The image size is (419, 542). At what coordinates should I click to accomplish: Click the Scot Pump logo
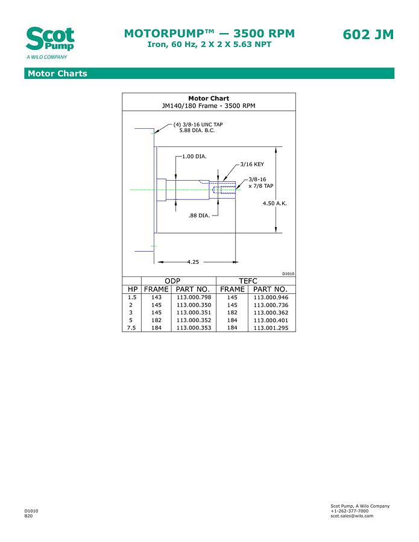pos(50,42)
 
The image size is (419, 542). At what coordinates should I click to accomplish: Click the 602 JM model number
pos(368,34)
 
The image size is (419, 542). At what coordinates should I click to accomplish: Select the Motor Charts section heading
pos(57,73)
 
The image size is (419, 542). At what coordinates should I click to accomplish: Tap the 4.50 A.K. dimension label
pos(275,204)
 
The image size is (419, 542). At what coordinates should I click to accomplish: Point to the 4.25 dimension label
pos(193,262)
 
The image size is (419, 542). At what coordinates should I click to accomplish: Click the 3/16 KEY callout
pos(251,164)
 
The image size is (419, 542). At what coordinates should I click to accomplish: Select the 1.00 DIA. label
pos(194,157)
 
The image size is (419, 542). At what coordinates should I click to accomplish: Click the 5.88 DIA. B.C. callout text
pos(197,130)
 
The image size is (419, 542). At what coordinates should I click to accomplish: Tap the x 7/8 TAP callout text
pos(261,186)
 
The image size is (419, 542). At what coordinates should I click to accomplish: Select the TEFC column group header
pos(248,281)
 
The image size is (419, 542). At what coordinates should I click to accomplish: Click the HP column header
pos(132,289)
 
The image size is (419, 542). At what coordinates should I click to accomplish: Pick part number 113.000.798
pos(194,297)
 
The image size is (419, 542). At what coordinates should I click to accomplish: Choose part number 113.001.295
pos(271,328)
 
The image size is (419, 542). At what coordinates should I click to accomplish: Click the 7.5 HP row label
pos(131,328)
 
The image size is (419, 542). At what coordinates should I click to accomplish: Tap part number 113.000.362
pos(271,313)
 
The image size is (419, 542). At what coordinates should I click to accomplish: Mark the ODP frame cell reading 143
pos(156,297)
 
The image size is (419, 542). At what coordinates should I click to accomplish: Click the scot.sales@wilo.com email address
pos(351,516)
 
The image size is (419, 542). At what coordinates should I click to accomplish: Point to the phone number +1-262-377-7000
pos(349,511)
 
